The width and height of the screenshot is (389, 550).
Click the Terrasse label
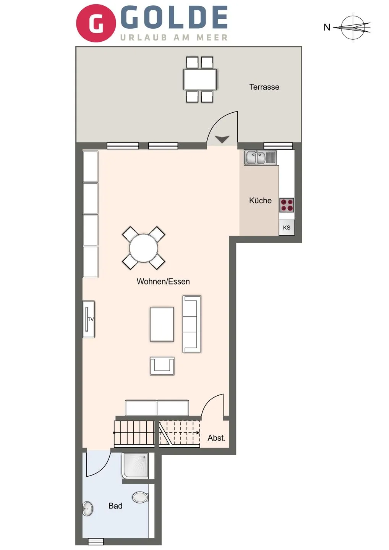click(x=264, y=87)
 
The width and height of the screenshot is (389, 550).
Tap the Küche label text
click(x=260, y=201)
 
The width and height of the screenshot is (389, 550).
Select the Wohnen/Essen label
click(x=163, y=281)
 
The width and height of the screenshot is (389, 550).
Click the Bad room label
click(x=115, y=506)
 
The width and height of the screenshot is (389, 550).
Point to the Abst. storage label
click(x=216, y=438)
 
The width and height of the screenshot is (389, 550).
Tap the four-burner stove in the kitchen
click(x=287, y=205)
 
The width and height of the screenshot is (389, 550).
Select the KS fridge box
click(x=287, y=228)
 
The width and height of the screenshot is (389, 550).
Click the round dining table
click(x=144, y=248)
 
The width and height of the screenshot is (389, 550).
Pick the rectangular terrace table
click(x=200, y=79)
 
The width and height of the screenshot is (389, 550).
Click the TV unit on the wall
click(x=89, y=319)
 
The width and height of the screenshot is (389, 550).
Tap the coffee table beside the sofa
click(x=162, y=324)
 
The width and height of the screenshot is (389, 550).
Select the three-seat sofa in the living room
click(x=192, y=324)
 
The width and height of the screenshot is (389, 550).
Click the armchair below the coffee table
click(x=162, y=366)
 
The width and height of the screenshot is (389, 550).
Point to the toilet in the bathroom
click(x=140, y=497)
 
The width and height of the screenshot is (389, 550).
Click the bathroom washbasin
click(x=88, y=509)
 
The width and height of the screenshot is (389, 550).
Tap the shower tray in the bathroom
click(x=135, y=466)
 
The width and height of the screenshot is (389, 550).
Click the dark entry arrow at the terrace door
click(x=222, y=139)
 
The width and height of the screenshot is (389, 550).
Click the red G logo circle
click(x=96, y=23)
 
